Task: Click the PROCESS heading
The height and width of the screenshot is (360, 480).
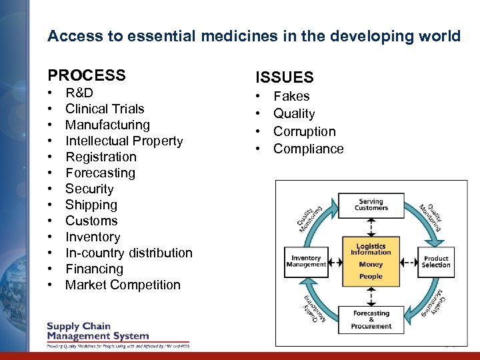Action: (x=86, y=75)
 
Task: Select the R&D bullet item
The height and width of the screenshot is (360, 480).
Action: (x=79, y=93)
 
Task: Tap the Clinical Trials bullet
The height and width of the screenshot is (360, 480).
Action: (x=105, y=109)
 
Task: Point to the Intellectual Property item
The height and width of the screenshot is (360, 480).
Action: (x=124, y=141)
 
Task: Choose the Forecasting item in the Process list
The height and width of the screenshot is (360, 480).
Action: (x=100, y=173)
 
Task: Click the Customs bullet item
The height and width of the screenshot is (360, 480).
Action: (x=91, y=221)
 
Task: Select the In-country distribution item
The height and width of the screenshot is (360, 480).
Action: (x=129, y=253)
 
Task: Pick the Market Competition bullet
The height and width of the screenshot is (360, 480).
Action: (x=123, y=285)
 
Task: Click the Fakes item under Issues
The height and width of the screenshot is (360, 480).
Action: (x=291, y=96)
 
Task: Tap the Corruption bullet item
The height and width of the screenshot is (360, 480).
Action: (x=304, y=131)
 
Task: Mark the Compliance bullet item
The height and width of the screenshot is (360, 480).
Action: (x=308, y=149)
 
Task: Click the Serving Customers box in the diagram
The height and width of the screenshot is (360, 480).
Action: (x=371, y=205)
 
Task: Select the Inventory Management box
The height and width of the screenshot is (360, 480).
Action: (x=306, y=261)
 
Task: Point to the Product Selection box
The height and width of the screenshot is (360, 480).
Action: (x=436, y=261)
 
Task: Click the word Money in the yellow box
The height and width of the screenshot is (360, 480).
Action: (x=371, y=265)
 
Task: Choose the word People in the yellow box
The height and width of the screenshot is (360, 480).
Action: (x=371, y=276)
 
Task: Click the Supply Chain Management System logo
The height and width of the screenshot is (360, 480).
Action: (x=98, y=331)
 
